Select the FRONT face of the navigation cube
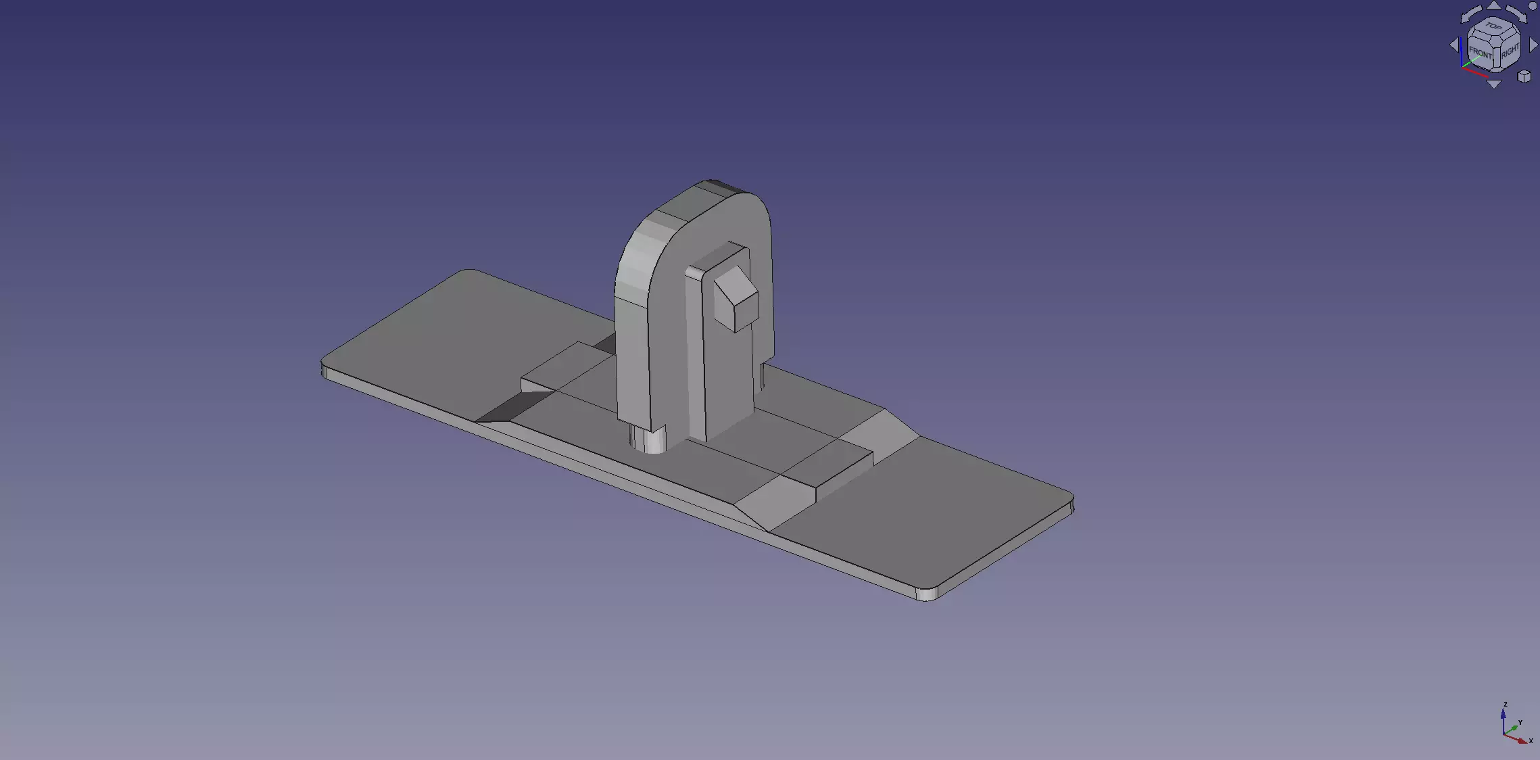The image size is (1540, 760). pyautogui.click(x=1481, y=52)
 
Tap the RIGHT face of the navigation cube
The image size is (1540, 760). pyautogui.click(x=1510, y=51)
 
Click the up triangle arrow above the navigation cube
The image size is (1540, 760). pyautogui.click(x=1494, y=5)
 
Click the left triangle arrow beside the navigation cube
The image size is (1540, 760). pyautogui.click(x=1454, y=45)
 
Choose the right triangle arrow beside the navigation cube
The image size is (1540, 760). pyautogui.click(x=1533, y=45)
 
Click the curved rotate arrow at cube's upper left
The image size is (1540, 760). pyautogui.click(x=1470, y=14)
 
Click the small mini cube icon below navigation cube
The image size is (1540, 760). pyautogui.click(x=1524, y=76)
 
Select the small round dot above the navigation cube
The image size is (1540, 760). pyautogui.click(x=1533, y=5)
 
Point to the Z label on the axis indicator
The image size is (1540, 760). pyautogui.click(x=1505, y=705)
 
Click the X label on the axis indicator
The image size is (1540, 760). pyautogui.click(x=1531, y=740)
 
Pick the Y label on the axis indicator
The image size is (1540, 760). pyautogui.click(x=1520, y=723)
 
